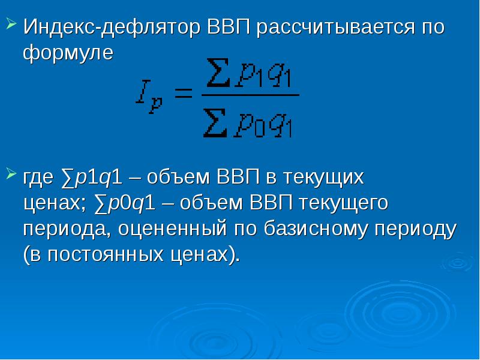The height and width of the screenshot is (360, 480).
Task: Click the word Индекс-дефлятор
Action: tap(112, 27)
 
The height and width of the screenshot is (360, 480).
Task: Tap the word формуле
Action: tap(68, 53)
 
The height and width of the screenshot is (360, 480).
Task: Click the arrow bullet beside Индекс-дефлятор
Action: tap(11, 24)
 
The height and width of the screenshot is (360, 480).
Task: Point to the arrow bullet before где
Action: tap(11, 174)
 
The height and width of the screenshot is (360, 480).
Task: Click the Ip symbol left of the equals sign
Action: tap(149, 97)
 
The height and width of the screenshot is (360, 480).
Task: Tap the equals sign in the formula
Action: tap(183, 93)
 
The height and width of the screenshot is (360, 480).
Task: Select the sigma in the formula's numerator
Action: tap(218, 73)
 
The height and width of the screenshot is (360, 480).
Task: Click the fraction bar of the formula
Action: tap(250, 95)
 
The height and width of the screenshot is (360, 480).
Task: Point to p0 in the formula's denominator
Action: tap(248, 126)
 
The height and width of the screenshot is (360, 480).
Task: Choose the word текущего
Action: tap(343, 203)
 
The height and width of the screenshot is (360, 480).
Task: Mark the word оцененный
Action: tap(172, 229)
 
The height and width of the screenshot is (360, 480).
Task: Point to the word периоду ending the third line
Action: tap(415, 230)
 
